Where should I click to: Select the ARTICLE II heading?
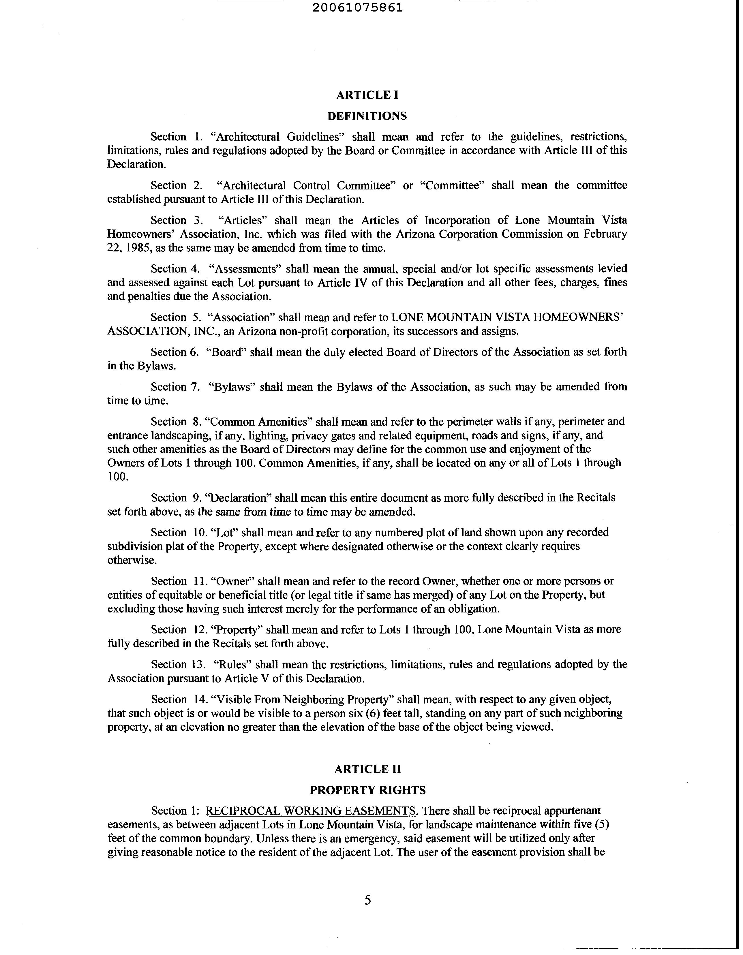click(367, 769)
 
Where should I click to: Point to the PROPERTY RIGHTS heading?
click(367, 790)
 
